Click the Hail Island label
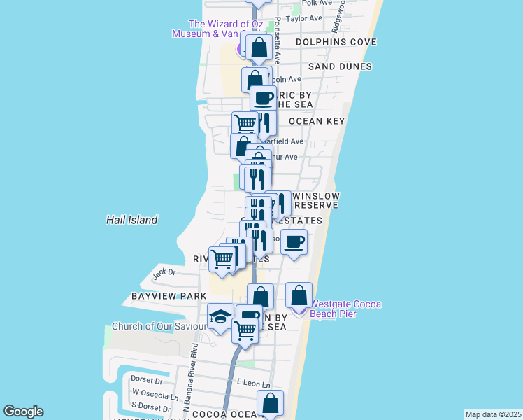[131, 220]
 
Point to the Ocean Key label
[317, 121]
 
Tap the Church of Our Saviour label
[159, 326]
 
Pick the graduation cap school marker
[220, 317]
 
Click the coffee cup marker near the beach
[294, 242]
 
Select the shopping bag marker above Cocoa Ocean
[270, 404]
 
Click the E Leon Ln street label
[253, 383]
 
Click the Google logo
[23, 412]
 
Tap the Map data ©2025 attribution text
[493, 414]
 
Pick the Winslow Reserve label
[316, 200]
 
